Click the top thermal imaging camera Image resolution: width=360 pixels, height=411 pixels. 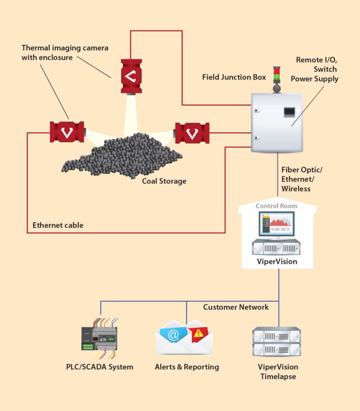(x=131, y=75)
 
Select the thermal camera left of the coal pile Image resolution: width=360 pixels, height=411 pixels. (x=67, y=132)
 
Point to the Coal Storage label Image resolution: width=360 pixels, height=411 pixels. (x=164, y=181)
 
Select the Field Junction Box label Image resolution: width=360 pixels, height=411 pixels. (x=234, y=77)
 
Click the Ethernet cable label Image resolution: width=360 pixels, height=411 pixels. (x=58, y=225)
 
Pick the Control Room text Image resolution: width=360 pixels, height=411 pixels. (x=277, y=206)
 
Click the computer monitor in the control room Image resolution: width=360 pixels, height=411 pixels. (x=277, y=224)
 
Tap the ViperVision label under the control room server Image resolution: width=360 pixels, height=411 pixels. (x=277, y=262)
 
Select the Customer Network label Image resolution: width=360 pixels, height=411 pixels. (x=236, y=307)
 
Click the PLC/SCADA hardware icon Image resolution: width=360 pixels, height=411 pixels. (x=99, y=336)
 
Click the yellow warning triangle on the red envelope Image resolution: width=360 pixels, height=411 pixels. (x=199, y=333)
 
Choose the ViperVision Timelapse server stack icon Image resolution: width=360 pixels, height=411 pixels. (x=277, y=342)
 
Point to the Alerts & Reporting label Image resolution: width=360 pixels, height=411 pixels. (x=187, y=367)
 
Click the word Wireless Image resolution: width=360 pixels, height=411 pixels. (x=296, y=189)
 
